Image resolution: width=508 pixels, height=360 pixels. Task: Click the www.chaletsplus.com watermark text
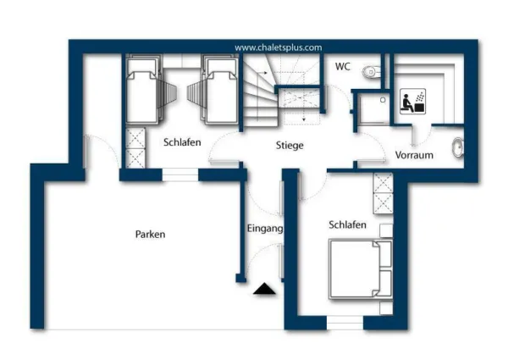[x=279, y=47]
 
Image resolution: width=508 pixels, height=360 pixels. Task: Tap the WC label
[x=343, y=66]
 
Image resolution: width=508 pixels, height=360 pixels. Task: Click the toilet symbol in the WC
[x=372, y=72]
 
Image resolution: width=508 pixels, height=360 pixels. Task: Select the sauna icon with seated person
[x=412, y=101]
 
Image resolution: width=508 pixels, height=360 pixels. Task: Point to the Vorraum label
[x=414, y=155]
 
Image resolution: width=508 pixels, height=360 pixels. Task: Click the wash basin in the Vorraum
[x=458, y=147]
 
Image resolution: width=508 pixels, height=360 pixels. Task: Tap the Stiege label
[x=290, y=145]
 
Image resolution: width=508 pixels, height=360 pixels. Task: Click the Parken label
[x=151, y=235]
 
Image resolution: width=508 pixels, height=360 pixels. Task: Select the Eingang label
[x=265, y=229]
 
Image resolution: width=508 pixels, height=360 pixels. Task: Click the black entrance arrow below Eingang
[x=264, y=289]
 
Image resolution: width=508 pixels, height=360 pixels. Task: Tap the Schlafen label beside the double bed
[x=348, y=224]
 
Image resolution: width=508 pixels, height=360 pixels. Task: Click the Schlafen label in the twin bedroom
[x=182, y=142]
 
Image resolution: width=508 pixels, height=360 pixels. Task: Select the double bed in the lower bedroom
[x=361, y=269]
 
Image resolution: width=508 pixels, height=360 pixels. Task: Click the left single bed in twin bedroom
[x=143, y=90]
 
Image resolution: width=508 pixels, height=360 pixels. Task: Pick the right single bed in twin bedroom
[x=221, y=90]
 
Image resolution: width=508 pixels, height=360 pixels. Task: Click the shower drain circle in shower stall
[x=383, y=100]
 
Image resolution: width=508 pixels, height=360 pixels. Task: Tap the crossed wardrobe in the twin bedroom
[x=135, y=148]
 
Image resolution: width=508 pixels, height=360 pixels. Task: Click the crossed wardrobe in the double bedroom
[x=384, y=193]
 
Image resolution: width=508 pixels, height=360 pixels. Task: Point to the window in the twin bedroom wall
[x=180, y=175]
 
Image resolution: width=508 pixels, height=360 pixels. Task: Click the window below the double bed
[x=345, y=323]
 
